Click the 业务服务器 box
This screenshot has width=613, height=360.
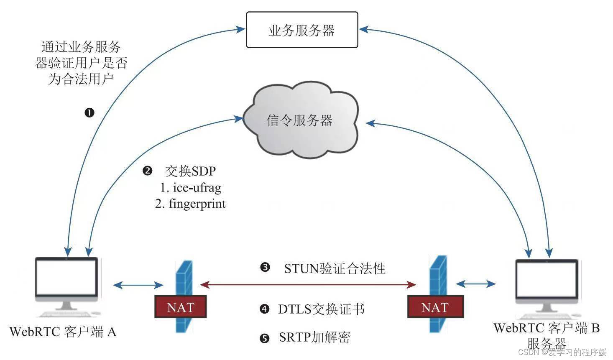point(302,30)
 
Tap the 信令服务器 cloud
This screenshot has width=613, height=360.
point(300,121)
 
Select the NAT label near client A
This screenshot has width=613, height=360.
point(181,307)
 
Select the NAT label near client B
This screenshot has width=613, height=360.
point(435,307)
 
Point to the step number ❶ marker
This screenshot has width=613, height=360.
point(89,112)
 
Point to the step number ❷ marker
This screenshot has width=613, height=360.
point(147,171)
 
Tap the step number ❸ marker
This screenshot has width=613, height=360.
point(265,267)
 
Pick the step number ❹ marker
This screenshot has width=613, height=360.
point(264,309)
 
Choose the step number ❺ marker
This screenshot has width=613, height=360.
point(264,338)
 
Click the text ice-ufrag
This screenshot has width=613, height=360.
point(197,187)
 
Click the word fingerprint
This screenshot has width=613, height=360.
point(197,204)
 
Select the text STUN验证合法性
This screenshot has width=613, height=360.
point(335,268)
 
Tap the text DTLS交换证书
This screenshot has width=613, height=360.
point(321,309)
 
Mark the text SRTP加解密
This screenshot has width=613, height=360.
point(314,337)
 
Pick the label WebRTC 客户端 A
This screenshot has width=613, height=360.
point(63,332)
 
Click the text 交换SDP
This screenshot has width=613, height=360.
point(191,171)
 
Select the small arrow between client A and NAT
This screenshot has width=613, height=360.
point(138,285)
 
